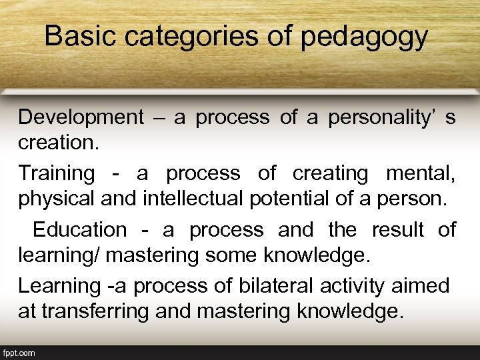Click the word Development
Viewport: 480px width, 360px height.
pos(81,117)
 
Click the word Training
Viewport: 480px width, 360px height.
pos(57,174)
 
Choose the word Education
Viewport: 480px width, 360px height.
pos(79,230)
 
